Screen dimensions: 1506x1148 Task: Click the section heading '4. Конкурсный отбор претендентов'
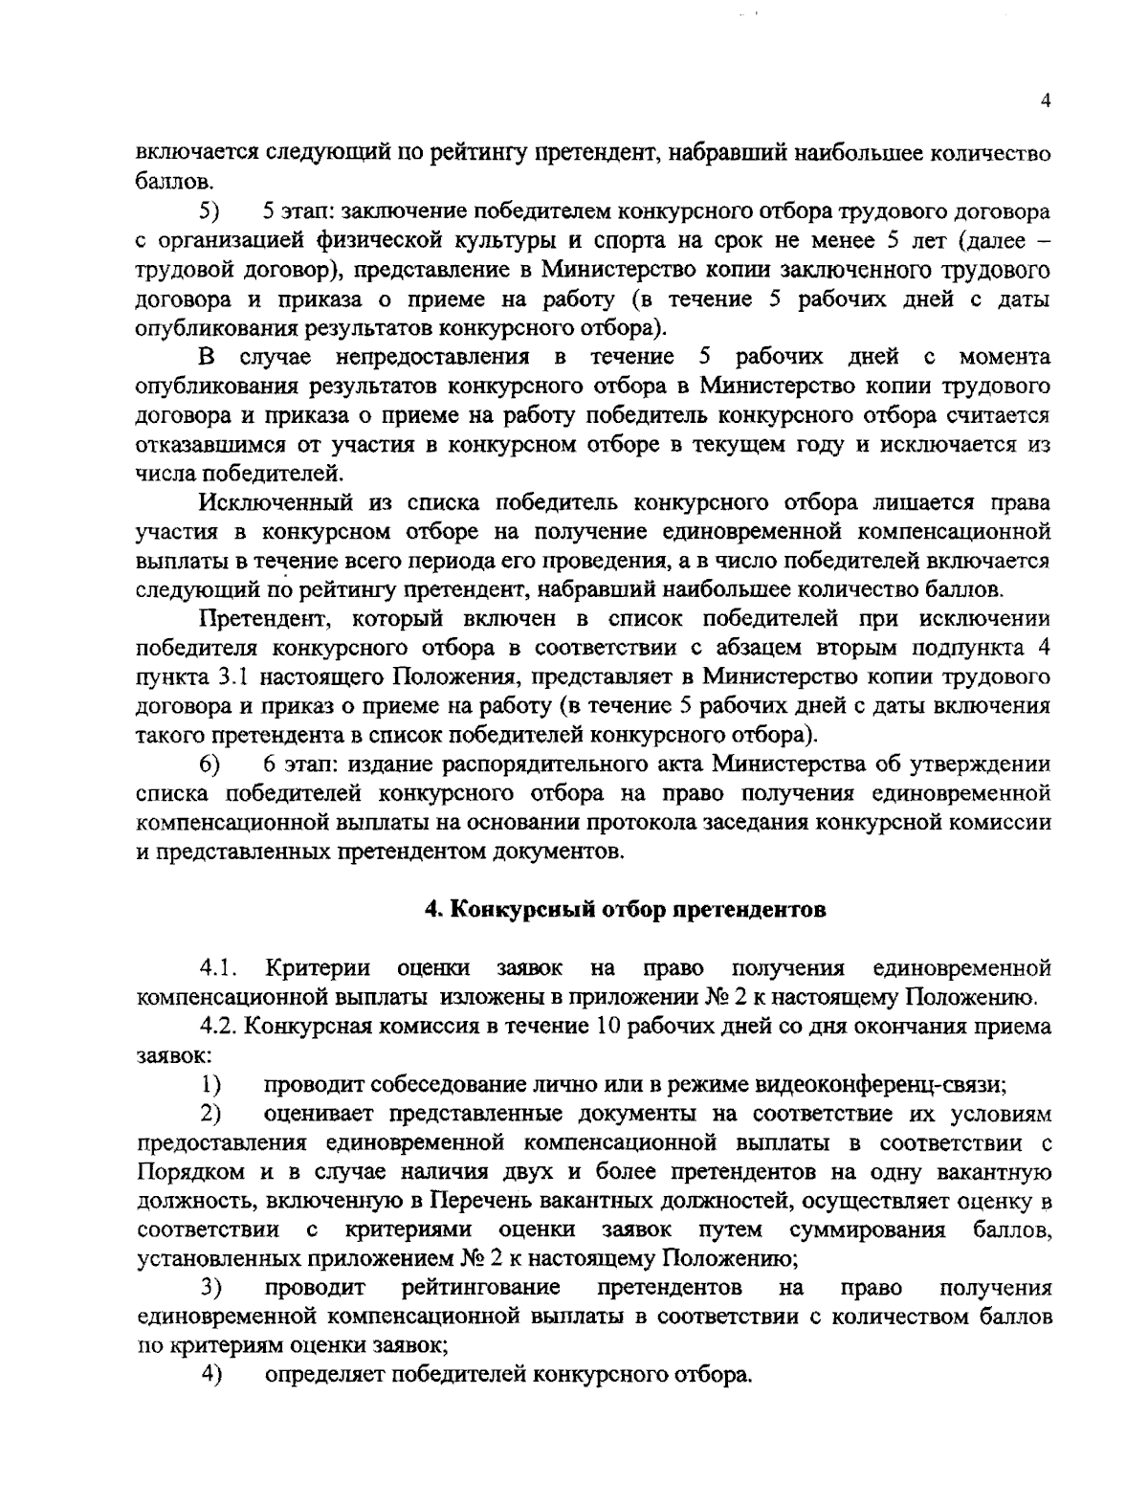625,910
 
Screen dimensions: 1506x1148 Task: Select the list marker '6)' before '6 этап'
210,764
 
